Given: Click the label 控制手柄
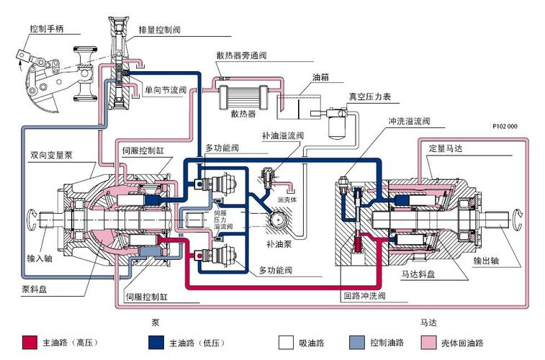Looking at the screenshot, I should click(x=48, y=28).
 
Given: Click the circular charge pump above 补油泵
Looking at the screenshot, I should click(x=278, y=219).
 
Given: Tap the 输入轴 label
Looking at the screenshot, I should click(x=40, y=257).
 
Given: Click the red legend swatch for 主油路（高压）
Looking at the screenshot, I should click(x=30, y=342).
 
